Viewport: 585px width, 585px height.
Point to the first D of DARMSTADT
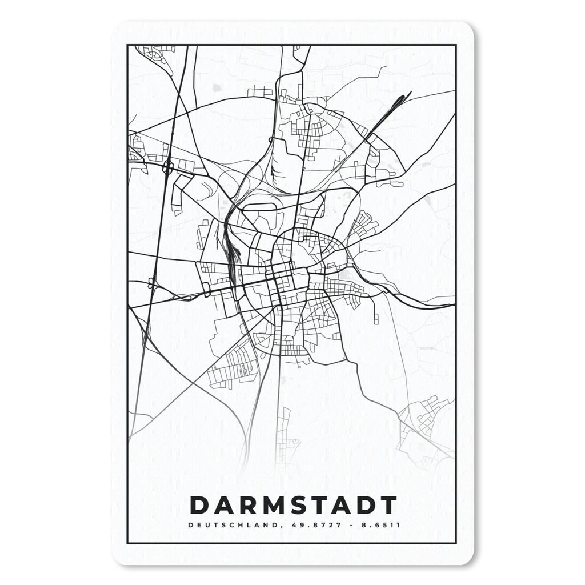pos(198,505)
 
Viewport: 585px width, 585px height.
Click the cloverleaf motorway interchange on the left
pos(168,167)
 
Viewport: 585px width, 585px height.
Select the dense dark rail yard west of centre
pos(233,251)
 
